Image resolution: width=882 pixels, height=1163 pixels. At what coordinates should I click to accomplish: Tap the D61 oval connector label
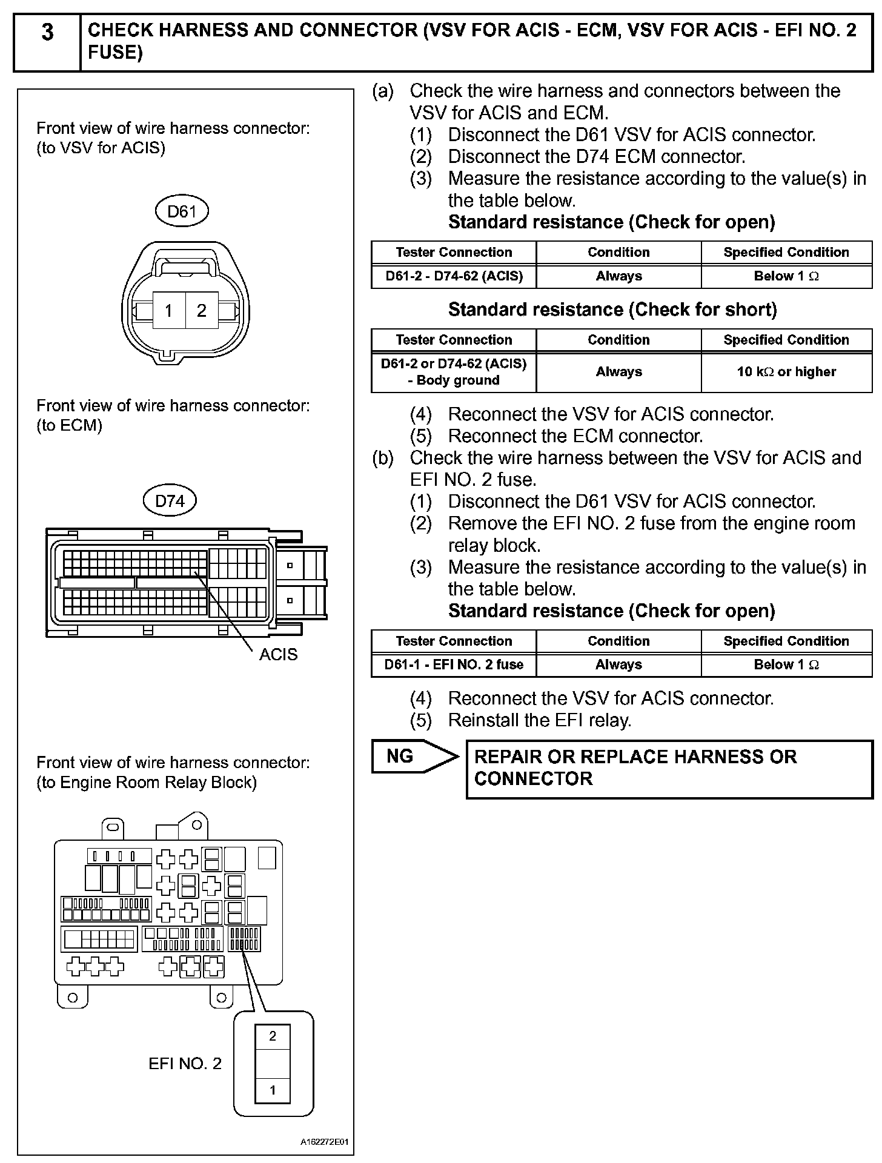coord(182,211)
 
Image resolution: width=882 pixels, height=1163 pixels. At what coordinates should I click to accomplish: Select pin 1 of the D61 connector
coord(169,311)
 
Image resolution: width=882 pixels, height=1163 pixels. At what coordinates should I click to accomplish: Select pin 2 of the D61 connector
coord(202,311)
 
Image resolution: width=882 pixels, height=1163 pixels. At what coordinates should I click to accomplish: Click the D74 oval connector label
coord(170,501)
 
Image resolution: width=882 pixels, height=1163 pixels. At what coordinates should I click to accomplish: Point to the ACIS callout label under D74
coord(278,654)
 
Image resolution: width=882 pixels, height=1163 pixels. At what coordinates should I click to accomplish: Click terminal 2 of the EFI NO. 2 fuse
coord(273,1036)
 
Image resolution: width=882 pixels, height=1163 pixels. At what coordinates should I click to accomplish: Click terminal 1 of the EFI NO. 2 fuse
coord(273,1090)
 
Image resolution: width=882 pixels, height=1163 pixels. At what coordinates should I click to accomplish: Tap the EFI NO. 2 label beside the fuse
coord(185,1064)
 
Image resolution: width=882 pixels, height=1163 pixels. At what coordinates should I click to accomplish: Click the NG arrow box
coord(412,756)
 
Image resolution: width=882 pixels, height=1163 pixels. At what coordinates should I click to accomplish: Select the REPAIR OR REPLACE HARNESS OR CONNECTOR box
coord(669,768)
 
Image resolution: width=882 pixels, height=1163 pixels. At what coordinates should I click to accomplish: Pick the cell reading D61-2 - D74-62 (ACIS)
coord(454,276)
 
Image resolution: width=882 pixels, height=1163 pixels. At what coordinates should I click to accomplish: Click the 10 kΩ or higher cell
coord(786,372)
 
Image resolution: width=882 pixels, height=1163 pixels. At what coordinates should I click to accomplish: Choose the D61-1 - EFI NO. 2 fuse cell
coord(454,664)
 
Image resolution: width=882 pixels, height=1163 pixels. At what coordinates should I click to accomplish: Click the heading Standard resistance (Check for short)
coord(612,310)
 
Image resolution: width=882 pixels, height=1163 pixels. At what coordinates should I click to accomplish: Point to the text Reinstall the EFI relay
coord(539,720)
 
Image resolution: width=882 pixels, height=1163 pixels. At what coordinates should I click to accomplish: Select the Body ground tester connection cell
coord(454,372)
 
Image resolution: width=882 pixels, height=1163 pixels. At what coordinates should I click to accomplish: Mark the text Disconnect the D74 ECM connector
coord(596,157)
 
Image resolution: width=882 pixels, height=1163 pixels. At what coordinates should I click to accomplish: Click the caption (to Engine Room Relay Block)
coord(147,783)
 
